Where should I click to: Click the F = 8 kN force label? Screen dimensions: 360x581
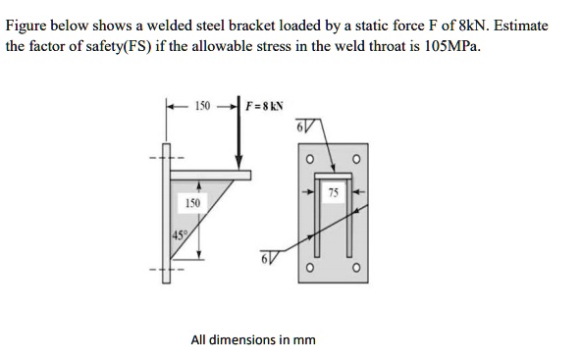pos(267,105)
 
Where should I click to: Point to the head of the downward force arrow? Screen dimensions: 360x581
pos(238,164)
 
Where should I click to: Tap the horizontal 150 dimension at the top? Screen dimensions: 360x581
pos(202,105)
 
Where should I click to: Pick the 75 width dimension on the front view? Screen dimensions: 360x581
pos(335,191)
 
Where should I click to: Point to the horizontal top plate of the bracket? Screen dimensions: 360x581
pos(211,176)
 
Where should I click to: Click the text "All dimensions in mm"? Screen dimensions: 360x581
pos(253,339)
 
